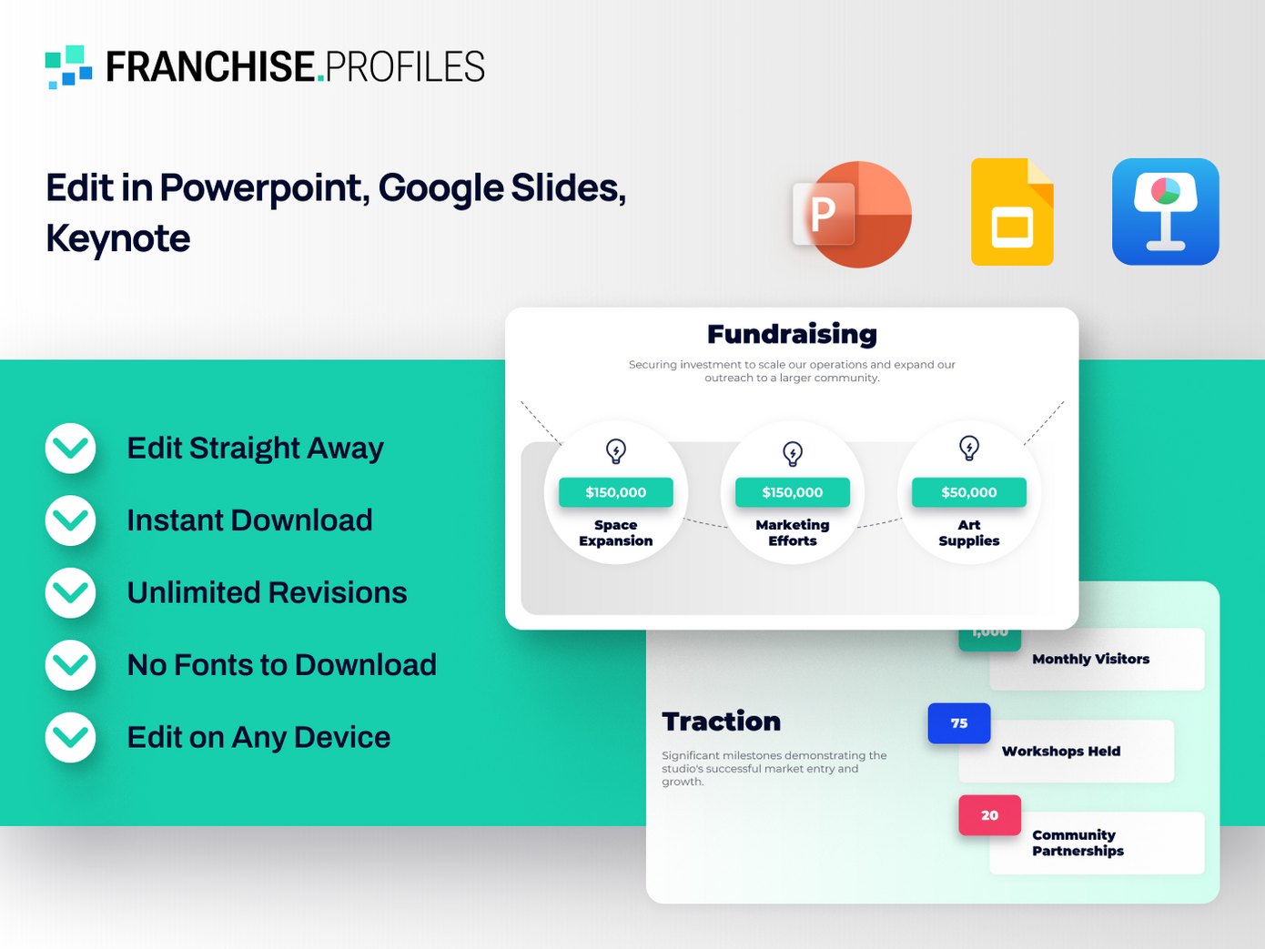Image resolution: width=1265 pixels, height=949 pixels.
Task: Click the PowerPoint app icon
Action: click(x=852, y=215)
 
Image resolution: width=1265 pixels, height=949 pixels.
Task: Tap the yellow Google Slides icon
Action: click(x=1012, y=213)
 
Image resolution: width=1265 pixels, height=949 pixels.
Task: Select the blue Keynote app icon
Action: click(x=1165, y=212)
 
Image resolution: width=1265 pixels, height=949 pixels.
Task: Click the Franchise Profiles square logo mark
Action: click(x=69, y=67)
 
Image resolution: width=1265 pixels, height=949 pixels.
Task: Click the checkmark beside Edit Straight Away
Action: click(x=71, y=449)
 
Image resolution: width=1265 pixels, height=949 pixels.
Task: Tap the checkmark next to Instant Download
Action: click(x=71, y=520)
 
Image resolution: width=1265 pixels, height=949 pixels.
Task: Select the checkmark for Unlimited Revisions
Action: click(x=71, y=593)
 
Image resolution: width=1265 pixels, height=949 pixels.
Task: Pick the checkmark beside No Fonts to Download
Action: click(x=71, y=665)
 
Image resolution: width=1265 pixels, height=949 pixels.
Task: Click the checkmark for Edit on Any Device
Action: click(x=71, y=737)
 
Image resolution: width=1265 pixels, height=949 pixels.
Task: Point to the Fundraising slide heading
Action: click(x=792, y=334)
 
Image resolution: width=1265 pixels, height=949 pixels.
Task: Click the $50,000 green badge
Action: click(x=968, y=492)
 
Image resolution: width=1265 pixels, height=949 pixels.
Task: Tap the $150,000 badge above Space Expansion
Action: click(x=615, y=492)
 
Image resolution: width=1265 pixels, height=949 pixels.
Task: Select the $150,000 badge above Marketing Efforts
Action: click(x=792, y=492)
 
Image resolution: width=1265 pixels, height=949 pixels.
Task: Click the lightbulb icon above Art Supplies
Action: click(x=969, y=448)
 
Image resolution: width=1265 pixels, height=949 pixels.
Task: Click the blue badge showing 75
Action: click(x=959, y=723)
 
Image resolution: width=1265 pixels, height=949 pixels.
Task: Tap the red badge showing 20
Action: click(x=989, y=815)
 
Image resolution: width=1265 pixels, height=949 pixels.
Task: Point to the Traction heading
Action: click(x=721, y=722)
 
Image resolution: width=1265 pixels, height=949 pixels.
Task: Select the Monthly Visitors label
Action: click(x=1090, y=659)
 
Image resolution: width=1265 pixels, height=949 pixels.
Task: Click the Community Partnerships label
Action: click(x=1078, y=843)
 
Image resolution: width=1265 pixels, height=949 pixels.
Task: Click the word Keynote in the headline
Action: click(x=118, y=238)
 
